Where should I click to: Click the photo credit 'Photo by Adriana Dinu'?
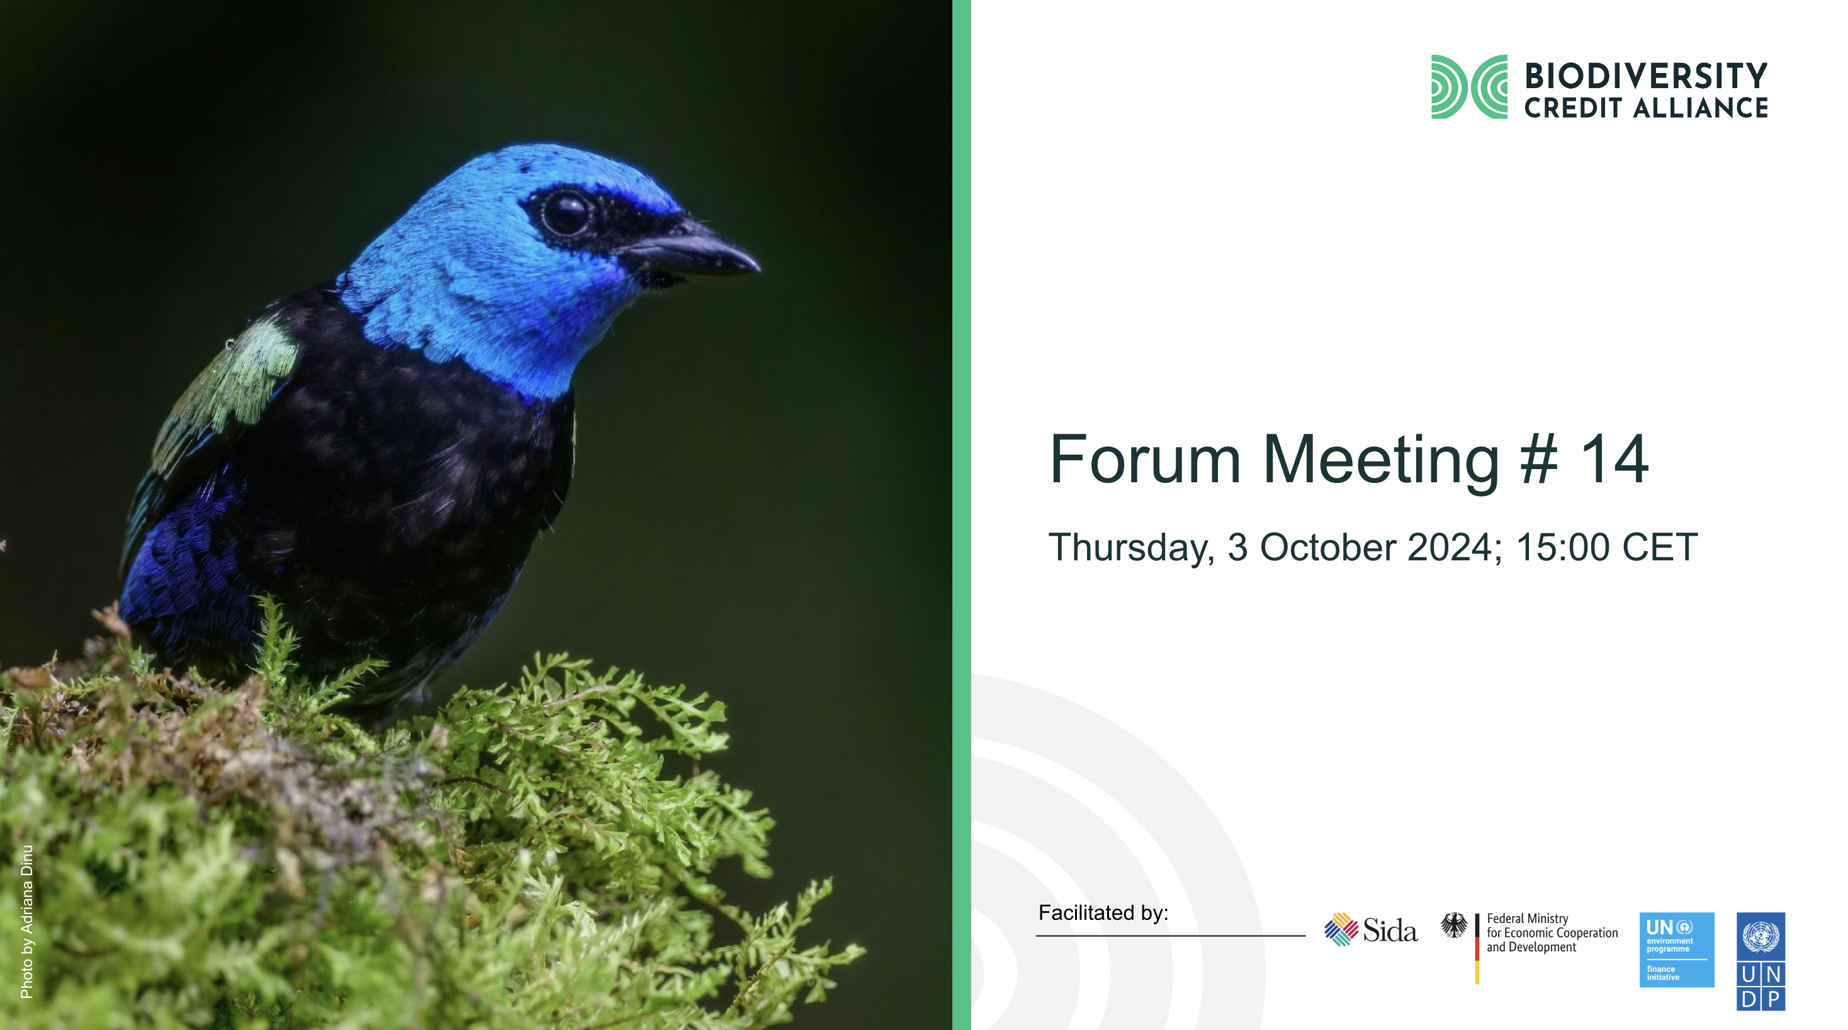click(x=26, y=922)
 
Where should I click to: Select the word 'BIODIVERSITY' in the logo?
click(x=1646, y=76)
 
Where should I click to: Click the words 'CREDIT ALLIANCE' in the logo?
click(x=1646, y=108)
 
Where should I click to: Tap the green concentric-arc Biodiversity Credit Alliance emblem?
click(x=1468, y=87)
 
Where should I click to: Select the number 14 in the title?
click(x=1614, y=460)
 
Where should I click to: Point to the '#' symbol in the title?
click(x=1539, y=460)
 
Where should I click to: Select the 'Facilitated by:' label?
click(x=1103, y=913)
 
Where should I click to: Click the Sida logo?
click(x=1371, y=931)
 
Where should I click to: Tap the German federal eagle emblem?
click(x=1454, y=926)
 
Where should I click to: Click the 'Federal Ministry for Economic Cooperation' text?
click(x=1552, y=926)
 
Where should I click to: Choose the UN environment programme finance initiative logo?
click(x=1677, y=949)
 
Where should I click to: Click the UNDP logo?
click(x=1761, y=962)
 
